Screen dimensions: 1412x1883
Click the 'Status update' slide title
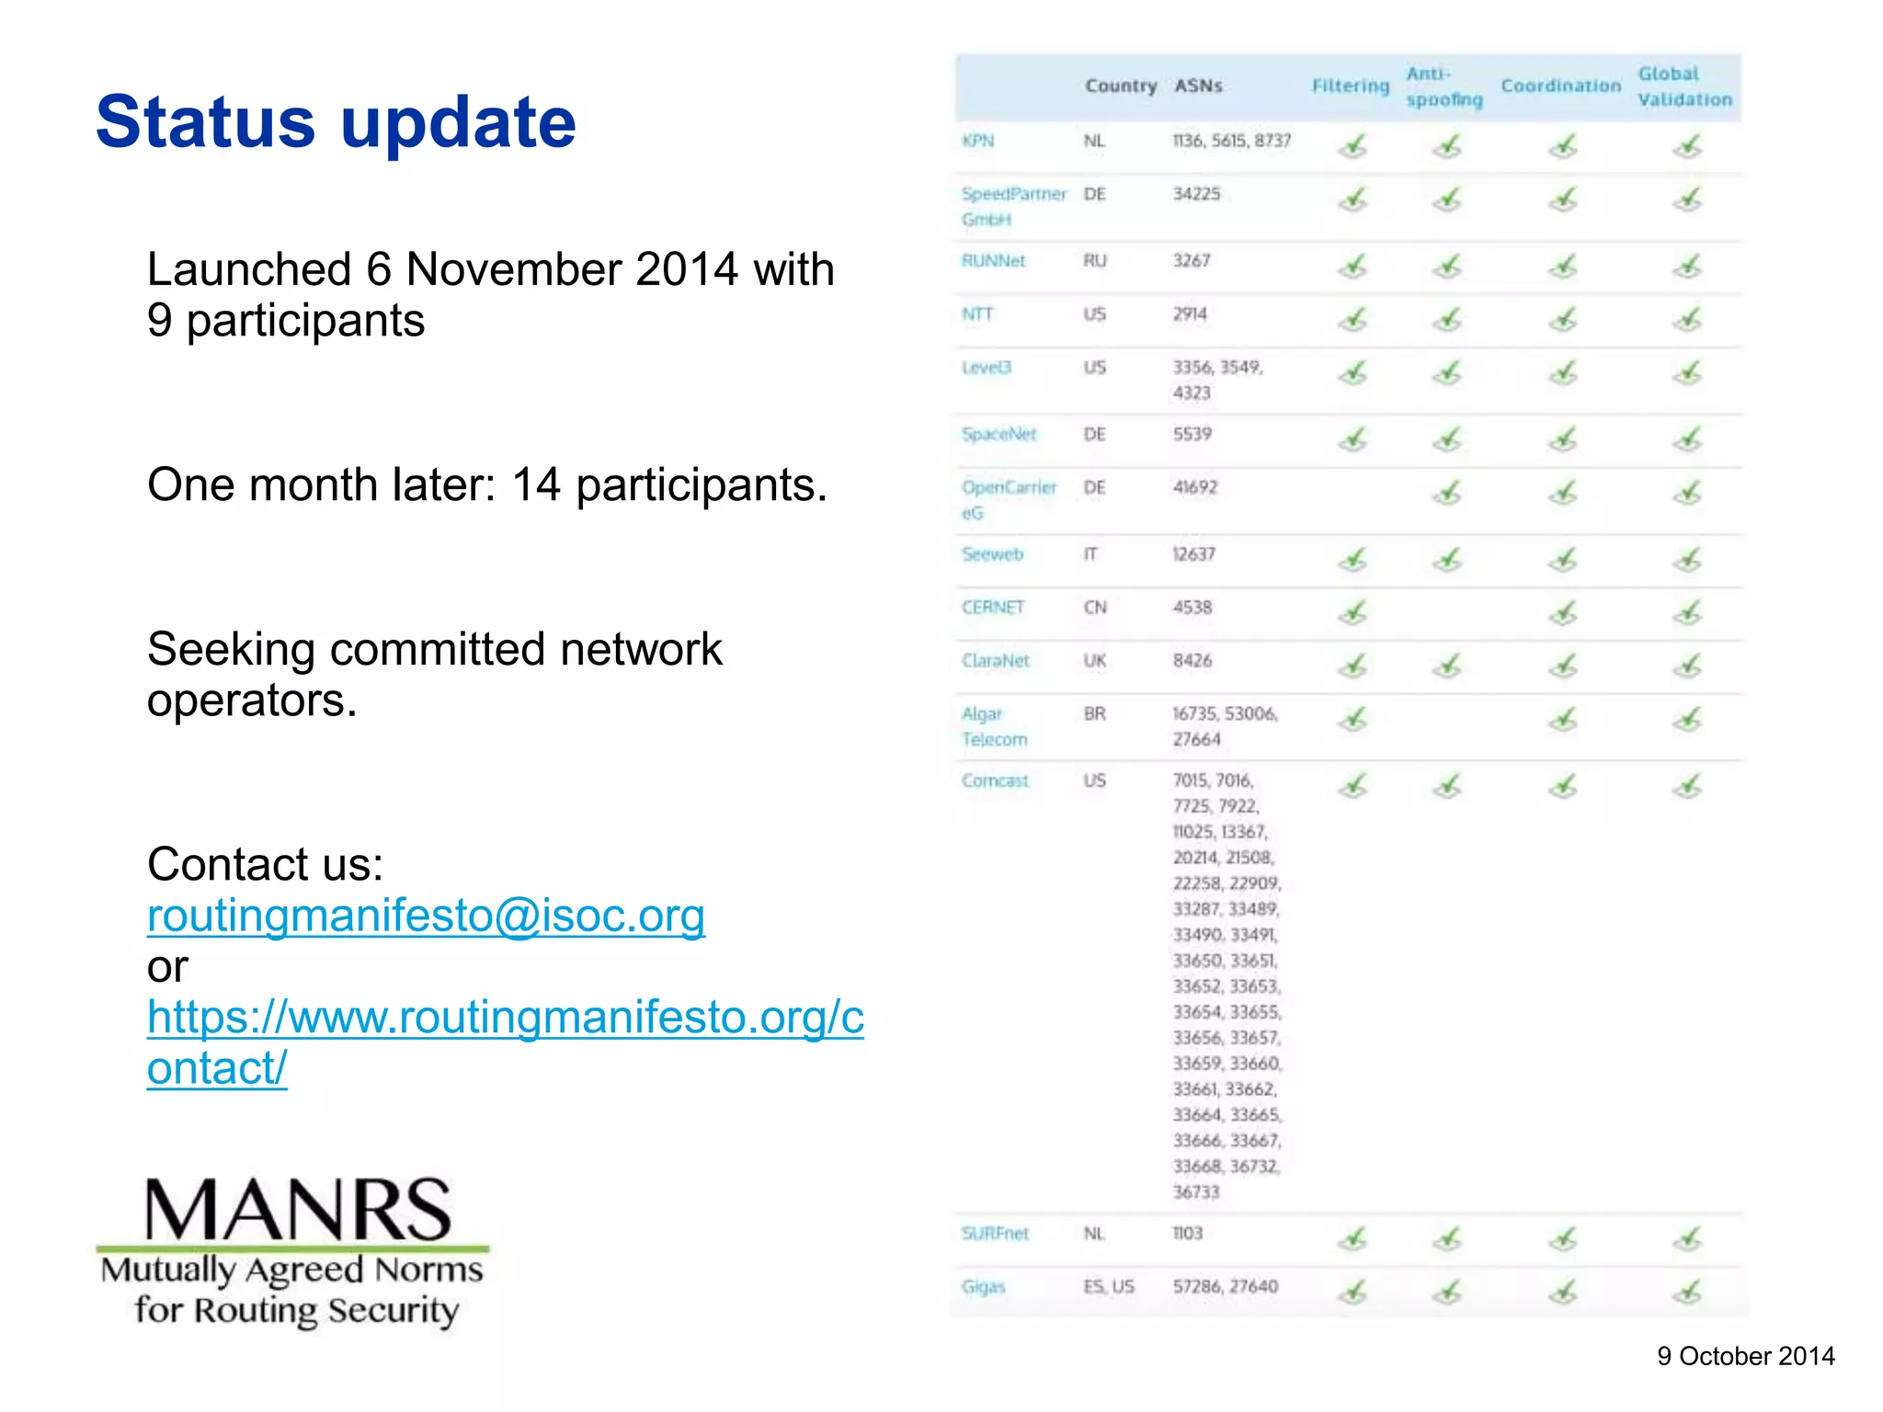coord(336,121)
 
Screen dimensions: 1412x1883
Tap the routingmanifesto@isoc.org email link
coord(426,916)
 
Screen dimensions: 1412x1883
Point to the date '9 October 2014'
coord(1745,1356)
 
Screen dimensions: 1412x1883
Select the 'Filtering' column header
coord(1350,86)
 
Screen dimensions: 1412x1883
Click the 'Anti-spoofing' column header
coord(1444,86)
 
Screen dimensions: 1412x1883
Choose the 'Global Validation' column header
coord(1684,86)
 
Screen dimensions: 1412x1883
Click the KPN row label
coord(977,141)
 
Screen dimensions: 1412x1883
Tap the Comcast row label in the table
coord(995,780)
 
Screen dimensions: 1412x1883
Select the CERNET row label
coord(993,608)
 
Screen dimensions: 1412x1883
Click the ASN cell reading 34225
coord(1196,194)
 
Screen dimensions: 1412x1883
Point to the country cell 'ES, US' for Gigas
coord(1109,1286)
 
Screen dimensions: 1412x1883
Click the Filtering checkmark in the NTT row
coord(1352,319)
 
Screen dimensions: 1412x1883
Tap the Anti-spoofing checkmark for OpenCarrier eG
coord(1447,493)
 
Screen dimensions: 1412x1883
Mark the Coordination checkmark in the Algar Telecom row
coord(1562,719)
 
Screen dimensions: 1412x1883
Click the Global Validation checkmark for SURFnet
coord(1687,1239)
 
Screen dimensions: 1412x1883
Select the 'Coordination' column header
coord(1560,86)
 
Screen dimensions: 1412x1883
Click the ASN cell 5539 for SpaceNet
coord(1192,434)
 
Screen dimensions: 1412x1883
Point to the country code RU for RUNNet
coord(1094,261)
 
